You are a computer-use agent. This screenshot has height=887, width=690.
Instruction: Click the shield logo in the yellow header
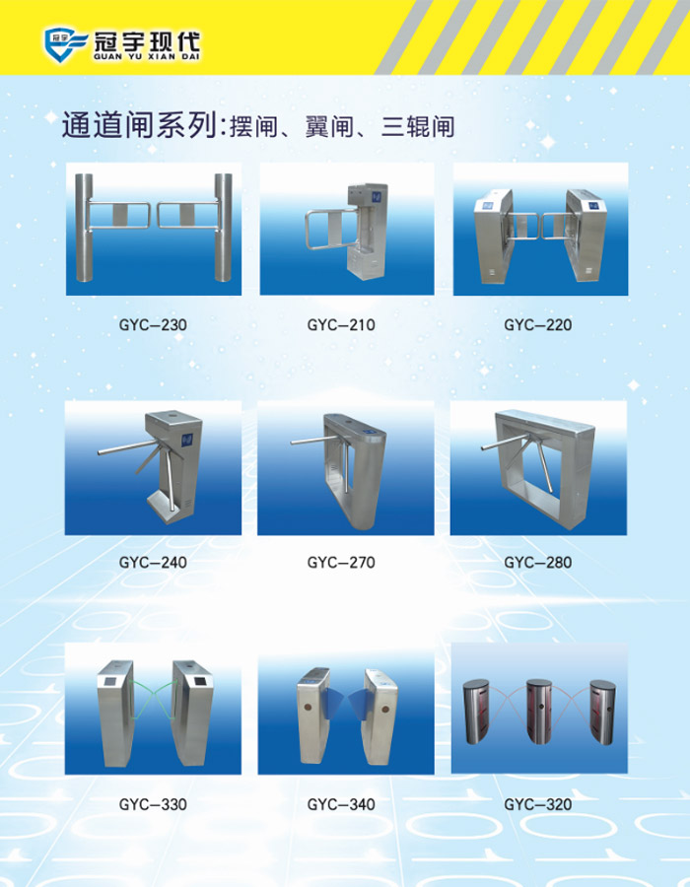(66, 44)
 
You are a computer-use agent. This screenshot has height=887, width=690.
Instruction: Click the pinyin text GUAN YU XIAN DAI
(147, 56)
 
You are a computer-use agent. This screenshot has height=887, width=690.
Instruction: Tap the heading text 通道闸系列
(140, 124)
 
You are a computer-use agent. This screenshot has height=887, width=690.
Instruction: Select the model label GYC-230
(153, 324)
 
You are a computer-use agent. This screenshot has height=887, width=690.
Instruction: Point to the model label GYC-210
(341, 324)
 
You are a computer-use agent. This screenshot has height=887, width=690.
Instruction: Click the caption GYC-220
(538, 324)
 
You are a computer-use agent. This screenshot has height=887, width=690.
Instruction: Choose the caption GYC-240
(153, 563)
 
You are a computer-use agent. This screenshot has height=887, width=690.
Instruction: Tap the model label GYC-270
(341, 563)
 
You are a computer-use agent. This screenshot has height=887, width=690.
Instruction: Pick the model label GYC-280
(538, 563)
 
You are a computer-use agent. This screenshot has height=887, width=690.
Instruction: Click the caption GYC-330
(153, 804)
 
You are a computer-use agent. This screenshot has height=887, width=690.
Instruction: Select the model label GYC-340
(341, 804)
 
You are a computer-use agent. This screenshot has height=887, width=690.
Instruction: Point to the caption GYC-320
(538, 804)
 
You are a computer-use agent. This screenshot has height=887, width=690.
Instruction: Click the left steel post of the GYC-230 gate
(84, 228)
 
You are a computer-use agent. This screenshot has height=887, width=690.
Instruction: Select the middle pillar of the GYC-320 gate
(538, 711)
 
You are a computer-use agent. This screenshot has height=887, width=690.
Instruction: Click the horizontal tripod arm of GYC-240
(129, 447)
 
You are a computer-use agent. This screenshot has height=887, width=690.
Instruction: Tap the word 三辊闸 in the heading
(418, 126)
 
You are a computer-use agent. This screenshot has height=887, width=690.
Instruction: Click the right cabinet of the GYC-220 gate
(587, 236)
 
